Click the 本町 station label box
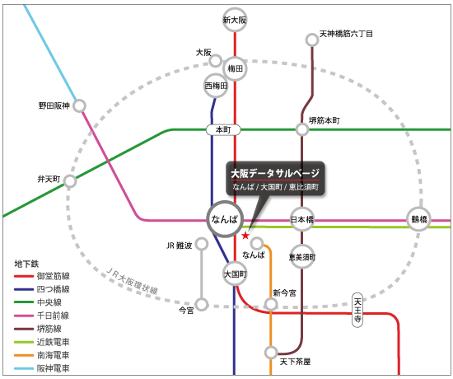click(223, 130)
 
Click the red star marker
click(245, 236)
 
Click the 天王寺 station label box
click(357, 310)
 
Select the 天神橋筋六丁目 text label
click(346, 34)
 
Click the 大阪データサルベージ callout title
click(275, 174)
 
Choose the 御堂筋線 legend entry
click(42, 276)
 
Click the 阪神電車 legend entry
click(42, 368)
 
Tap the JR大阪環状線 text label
click(132, 281)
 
